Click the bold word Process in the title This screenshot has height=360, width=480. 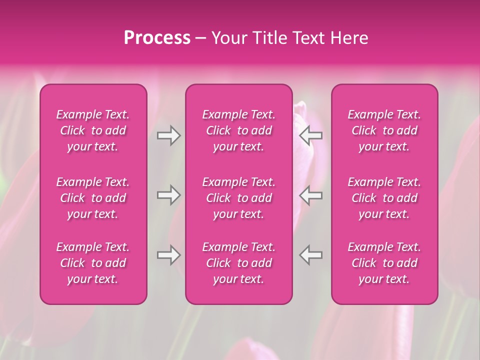click(157, 38)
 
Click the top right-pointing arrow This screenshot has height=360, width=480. click(169, 135)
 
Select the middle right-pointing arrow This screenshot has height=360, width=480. click(169, 195)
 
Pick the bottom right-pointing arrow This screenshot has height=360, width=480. click(169, 255)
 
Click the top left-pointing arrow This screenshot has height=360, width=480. click(310, 135)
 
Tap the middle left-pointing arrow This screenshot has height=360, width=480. click(310, 195)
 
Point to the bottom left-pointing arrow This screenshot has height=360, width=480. click(310, 255)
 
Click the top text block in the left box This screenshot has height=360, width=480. click(93, 130)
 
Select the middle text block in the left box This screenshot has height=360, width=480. click(93, 198)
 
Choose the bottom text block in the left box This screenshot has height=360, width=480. click(93, 263)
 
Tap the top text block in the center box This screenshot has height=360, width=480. click(239, 130)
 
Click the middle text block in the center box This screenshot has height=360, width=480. click(239, 198)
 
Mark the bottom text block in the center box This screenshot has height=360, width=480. click(239, 263)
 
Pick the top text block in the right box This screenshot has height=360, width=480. click(384, 130)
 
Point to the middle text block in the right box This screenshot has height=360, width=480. click(384, 198)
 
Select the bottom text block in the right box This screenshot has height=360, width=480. click(384, 263)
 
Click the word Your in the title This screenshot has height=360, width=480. click(229, 38)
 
